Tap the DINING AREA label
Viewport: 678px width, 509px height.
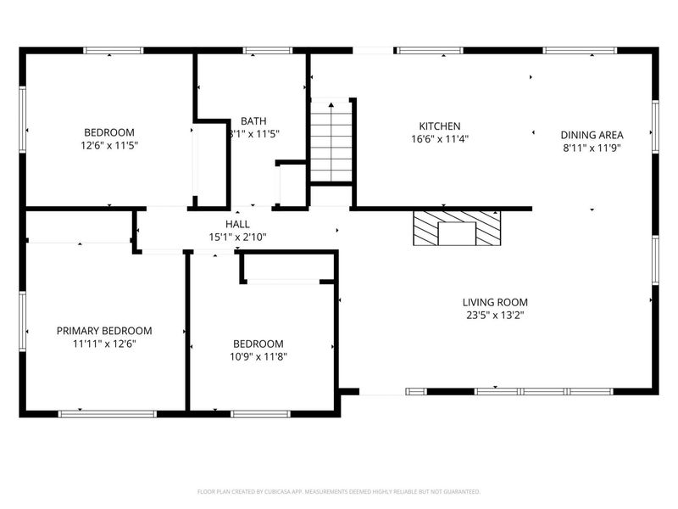[x=592, y=135]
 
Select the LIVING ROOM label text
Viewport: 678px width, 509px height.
[x=495, y=302]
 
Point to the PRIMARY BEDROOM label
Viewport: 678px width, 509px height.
[x=104, y=331]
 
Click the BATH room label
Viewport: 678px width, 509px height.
[x=253, y=121]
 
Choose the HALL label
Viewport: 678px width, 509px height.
[x=237, y=224]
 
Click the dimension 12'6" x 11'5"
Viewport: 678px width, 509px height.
[x=108, y=145]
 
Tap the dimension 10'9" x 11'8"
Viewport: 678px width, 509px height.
[x=258, y=357]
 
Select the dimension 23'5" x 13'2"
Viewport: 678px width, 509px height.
[x=495, y=315]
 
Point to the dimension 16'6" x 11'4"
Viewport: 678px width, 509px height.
[x=440, y=138]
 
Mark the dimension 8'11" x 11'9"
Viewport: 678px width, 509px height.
[x=592, y=148]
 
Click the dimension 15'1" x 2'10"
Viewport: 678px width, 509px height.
[x=238, y=237]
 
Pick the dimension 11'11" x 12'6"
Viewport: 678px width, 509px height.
[x=104, y=344]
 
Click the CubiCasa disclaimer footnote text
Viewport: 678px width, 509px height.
[x=338, y=491]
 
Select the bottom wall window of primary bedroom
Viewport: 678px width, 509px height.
[x=107, y=414]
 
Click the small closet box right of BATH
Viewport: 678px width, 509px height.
[x=292, y=184]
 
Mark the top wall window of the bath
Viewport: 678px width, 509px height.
[x=256, y=51]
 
